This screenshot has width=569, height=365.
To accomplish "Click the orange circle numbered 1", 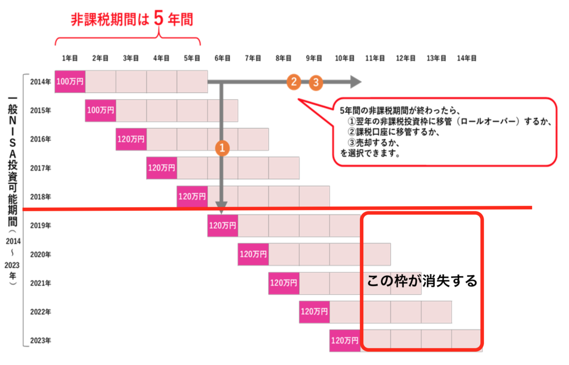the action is point(222,148).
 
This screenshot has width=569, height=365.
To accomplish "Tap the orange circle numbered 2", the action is point(294,82).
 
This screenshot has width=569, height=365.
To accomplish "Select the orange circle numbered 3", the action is point(316,82).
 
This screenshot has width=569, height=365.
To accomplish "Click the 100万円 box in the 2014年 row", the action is point(70,82).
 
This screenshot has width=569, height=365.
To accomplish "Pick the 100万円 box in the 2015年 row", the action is point(101,110).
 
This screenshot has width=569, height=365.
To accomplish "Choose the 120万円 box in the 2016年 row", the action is point(131,139).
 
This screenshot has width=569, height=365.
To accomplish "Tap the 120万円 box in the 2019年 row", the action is point(223,226).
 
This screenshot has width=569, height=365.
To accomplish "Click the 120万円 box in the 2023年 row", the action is point(345,341).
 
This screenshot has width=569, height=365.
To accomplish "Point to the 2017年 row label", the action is point(41,168).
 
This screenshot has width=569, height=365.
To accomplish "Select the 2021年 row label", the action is point(41,283).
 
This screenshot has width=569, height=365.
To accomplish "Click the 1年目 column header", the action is point(70,58).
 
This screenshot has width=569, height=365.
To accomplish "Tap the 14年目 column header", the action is point(467,58).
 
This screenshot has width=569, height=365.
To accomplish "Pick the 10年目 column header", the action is point(345,58).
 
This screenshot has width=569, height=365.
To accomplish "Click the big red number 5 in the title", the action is point(158,18).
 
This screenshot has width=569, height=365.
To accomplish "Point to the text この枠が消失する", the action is point(422,281).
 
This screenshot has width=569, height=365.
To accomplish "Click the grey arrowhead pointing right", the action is point(356,82).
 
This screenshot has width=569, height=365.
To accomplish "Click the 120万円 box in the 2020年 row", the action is point(253,254).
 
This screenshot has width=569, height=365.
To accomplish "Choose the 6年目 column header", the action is point(222,58).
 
